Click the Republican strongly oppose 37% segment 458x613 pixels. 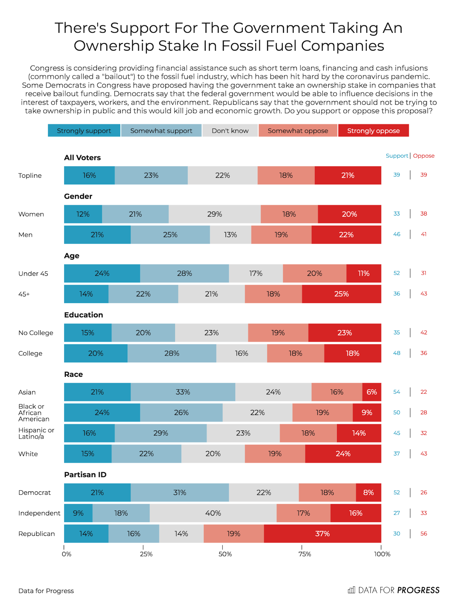(322, 534)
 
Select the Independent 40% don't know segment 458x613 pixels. (213, 513)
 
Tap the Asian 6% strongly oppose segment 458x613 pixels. (372, 392)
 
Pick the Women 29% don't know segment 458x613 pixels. (214, 214)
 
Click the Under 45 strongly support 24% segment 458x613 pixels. (102, 273)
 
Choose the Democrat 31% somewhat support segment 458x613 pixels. (180, 492)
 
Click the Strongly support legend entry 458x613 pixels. (84, 131)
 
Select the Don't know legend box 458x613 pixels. (230, 131)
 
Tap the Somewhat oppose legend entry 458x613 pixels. (298, 131)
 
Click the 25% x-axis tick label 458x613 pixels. (146, 554)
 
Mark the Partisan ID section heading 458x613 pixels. (85, 475)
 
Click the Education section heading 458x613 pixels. (84, 315)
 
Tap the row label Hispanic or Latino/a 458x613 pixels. (36, 433)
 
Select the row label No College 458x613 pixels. (36, 333)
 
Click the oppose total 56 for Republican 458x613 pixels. (424, 534)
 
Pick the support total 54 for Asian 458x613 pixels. (397, 392)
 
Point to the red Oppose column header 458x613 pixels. (424, 156)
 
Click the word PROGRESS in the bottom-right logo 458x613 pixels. (418, 590)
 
